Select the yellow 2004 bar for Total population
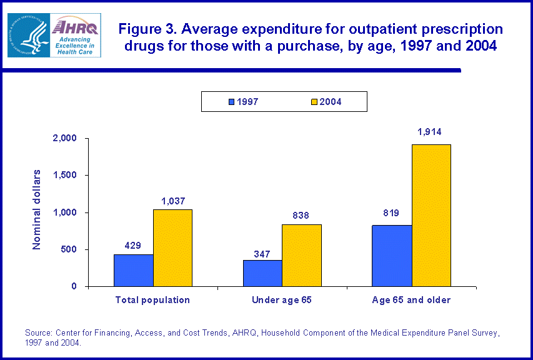(x=172, y=247)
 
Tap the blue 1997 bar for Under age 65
(x=262, y=273)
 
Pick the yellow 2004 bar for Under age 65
(x=301, y=255)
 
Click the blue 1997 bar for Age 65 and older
(x=392, y=256)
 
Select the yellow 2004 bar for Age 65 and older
(x=431, y=215)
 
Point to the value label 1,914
(x=431, y=132)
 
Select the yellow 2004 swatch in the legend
(x=314, y=101)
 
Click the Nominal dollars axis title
(x=37, y=209)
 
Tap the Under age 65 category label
(x=281, y=300)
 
